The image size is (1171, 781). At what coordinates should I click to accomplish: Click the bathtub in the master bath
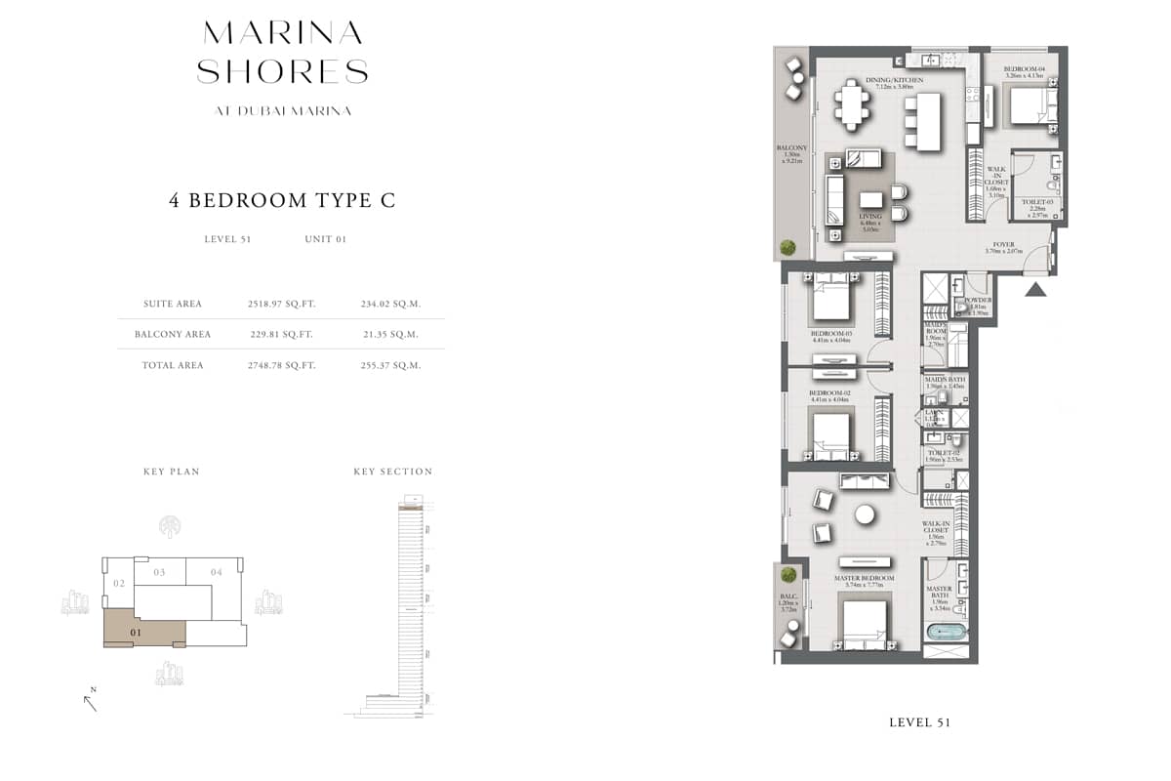click(x=946, y=633)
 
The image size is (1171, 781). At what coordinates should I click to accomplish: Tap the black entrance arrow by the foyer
click(x=1035, y=288)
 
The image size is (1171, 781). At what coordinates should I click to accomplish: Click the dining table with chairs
click(x=853, y=104)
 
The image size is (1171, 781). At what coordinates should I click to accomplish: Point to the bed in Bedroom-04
click(x=1028, y=105)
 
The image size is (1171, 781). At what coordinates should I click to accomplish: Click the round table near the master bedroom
click(x=865, y=514)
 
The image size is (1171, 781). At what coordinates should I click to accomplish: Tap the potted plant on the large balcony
click(x=787, y=246)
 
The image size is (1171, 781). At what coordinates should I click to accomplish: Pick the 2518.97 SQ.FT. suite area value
click(x=281, y=304)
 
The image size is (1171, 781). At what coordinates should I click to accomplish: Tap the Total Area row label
click(x=173, y=365)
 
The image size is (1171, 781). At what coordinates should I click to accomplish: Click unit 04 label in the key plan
click(x=216, y=572)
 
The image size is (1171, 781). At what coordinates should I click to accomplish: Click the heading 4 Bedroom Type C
click(x=282, y=201)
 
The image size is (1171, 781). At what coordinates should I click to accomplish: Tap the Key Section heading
click(x=392, y=472)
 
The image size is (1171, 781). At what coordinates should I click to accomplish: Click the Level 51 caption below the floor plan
click(x=919, y=722)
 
